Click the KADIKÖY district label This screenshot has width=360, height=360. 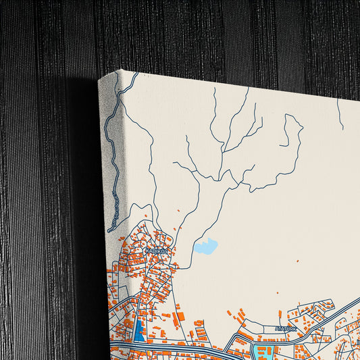click(155, 251)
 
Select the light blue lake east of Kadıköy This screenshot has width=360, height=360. click(205, 247)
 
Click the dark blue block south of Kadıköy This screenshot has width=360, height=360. click(140, 331)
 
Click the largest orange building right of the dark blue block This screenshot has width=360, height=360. click(179, 316)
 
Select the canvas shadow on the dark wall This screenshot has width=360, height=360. click(81, 203)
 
